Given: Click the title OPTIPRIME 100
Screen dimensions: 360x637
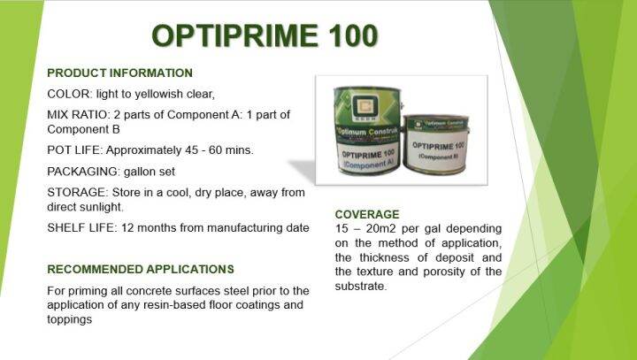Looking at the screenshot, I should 265,34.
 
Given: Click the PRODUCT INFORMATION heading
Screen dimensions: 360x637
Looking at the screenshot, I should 119,73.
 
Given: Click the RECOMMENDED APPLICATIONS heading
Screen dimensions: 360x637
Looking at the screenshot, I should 140,269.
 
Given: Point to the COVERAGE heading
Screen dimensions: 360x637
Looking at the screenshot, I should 367,214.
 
